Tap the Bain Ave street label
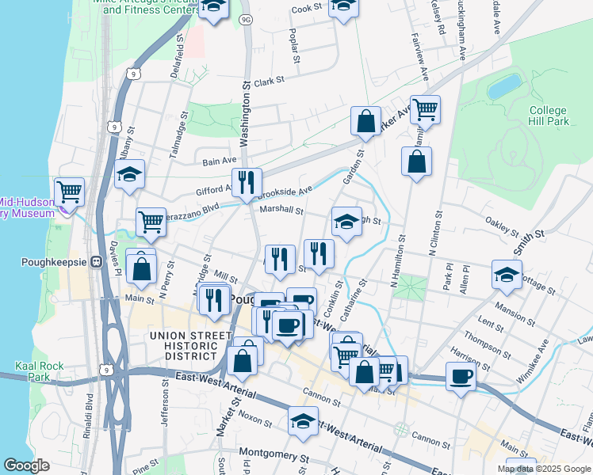coord(220,161)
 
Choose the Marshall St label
coord(281,211)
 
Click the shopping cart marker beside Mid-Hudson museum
coord(70,191)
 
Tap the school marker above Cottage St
coord(507,274)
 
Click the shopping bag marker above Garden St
coord(365,122)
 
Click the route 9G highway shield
coord(246,18)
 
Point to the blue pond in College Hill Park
coord(505,86)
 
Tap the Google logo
coord(27,465)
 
